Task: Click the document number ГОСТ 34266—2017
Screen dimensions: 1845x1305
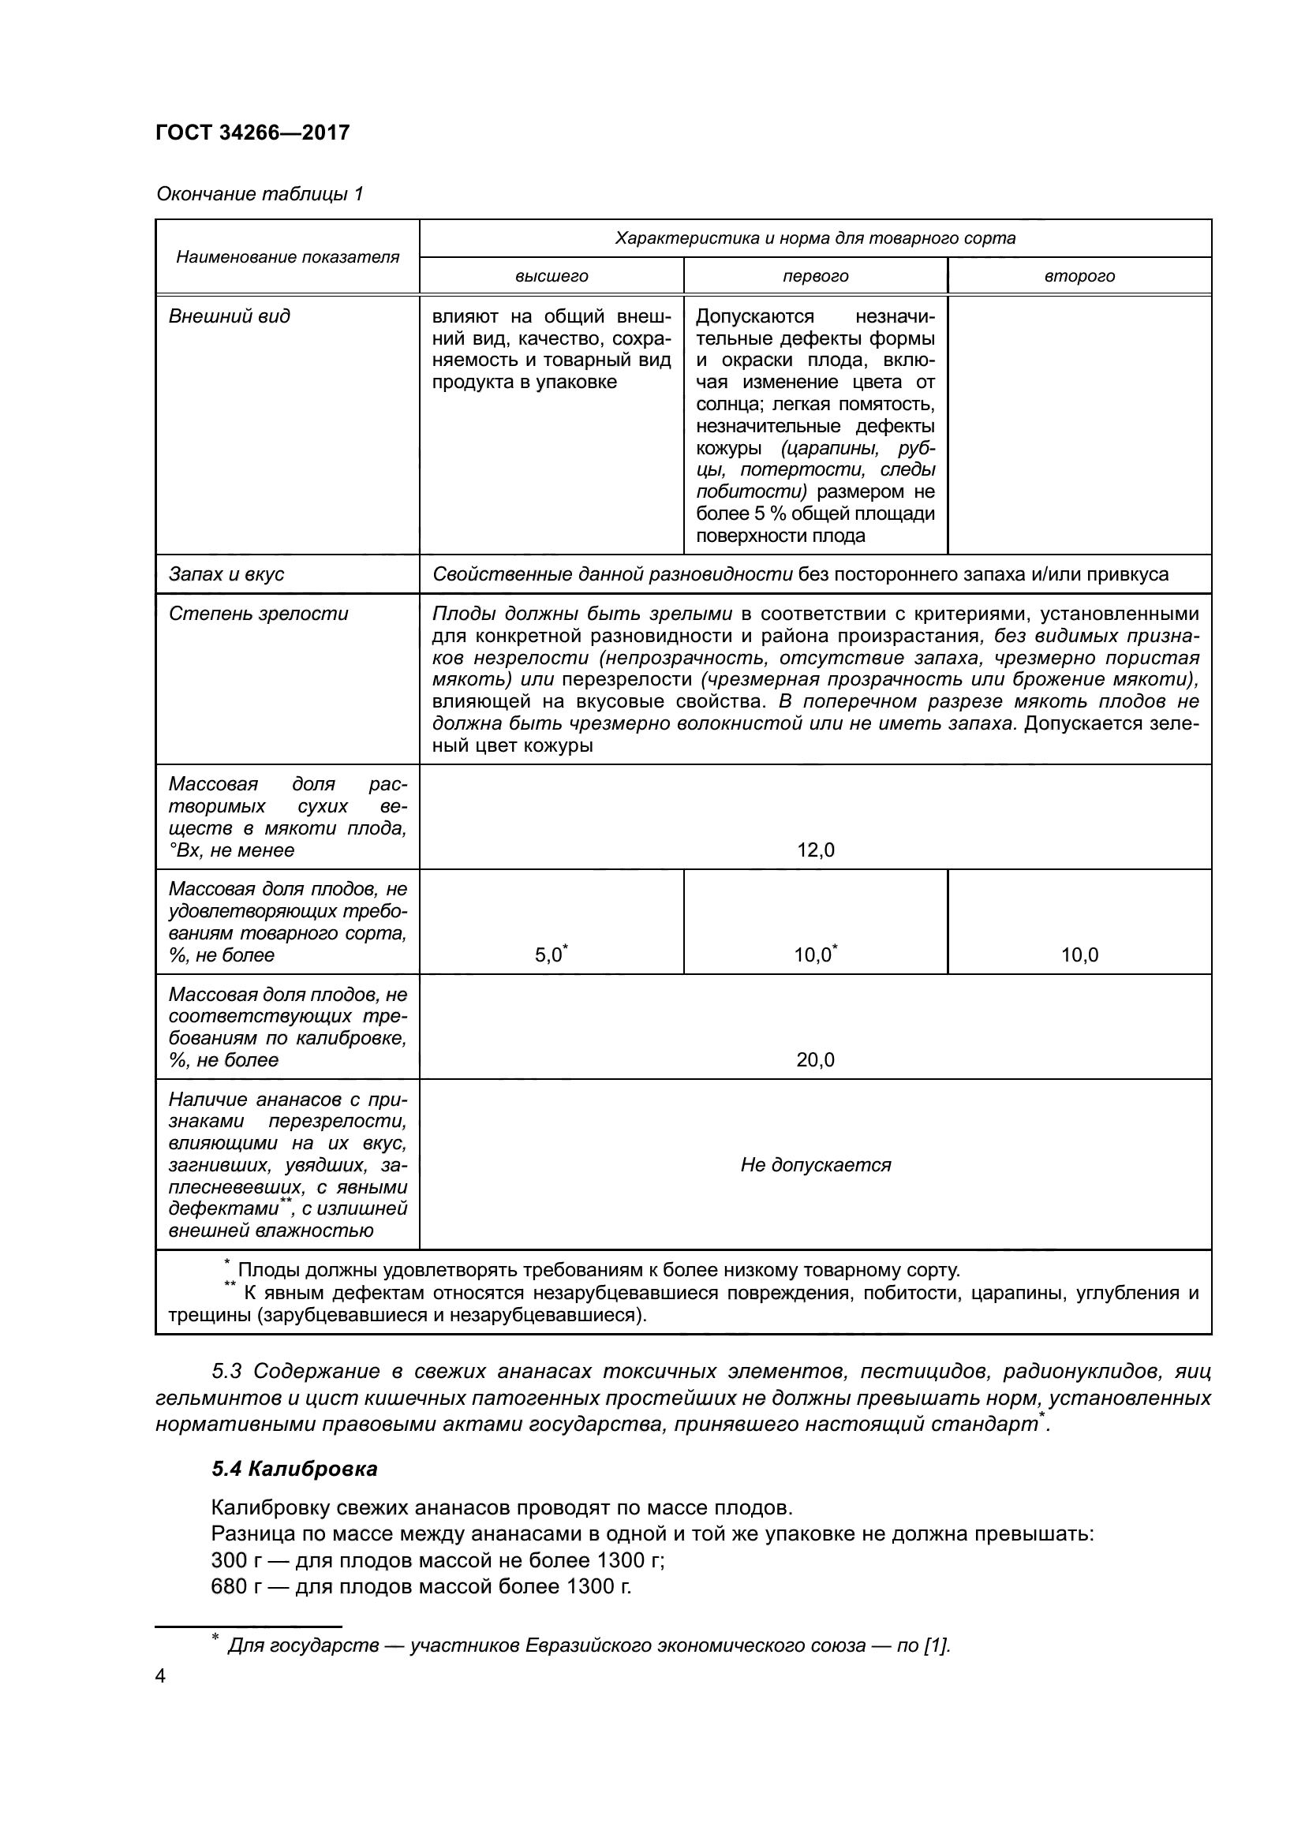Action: (x=252, y=133)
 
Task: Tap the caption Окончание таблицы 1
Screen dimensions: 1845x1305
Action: (x=260, y=194)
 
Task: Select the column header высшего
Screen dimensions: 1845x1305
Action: (x=552, y=276)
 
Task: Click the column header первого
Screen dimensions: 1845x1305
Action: (x=816, y=276)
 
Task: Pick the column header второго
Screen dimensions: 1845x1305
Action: (x=1079, y=276)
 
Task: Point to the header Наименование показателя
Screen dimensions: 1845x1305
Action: (x=288, y=257)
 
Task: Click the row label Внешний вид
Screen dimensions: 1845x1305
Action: (x=229, y=316)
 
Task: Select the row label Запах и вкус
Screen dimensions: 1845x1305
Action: (x=226, y=573)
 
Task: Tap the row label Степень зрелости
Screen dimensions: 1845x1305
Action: (x=258, y=613)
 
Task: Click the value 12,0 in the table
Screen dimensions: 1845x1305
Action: (x=816, y=850)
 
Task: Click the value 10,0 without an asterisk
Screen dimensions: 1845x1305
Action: (x=1079, y=954)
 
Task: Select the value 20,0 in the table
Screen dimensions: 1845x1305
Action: (x=816, y=1059)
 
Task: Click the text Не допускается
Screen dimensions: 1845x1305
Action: (x=816, y=1164)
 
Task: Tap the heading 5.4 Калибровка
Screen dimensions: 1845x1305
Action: (x=294, y=1469)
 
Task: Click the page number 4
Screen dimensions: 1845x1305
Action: (x=161, y=1676)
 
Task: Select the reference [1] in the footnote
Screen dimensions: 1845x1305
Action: (x=937, y=1645)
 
